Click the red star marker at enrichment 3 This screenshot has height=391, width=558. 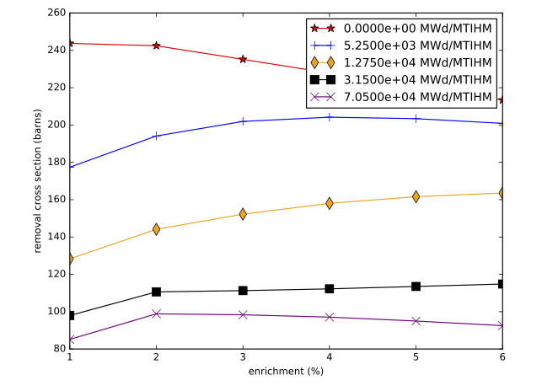click(x=243, y=59)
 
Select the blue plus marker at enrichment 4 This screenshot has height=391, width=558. click(x=330, y=117)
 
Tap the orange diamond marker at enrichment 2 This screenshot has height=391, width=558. click(x=156, y=229)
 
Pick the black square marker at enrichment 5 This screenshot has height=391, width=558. click(x=416, y=287)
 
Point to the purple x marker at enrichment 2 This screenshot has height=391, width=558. click(x=156, y=313)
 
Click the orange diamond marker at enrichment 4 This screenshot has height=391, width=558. click(x=330, y=203)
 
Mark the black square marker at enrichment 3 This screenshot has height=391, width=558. click(x=243, y=291)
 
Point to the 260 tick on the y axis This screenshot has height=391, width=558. click(x=56, y=13)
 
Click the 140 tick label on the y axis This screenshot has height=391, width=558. click(x=56, y=237)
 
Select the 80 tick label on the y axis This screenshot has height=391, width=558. click(x=58, y=349)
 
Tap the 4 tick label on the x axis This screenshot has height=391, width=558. click(x=330, y=357)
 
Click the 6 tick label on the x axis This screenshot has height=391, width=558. click(x=502, y=357)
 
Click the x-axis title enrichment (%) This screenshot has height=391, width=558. click(x=286, y=372)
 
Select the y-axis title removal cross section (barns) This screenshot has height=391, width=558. click(x=38, y=180)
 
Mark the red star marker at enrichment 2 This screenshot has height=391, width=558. click(x=156, y=46)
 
